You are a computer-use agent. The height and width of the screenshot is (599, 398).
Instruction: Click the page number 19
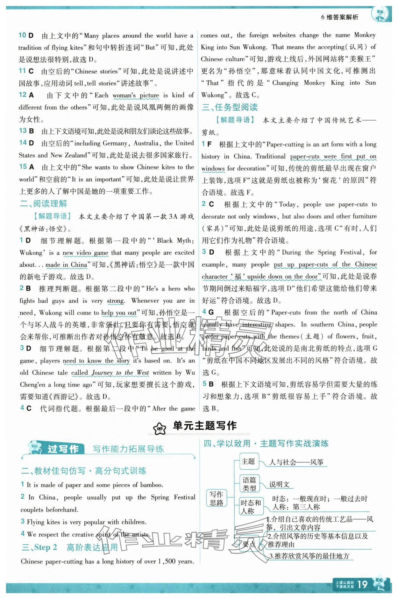pos(363,584)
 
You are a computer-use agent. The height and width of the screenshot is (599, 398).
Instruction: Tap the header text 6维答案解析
pos(339,17)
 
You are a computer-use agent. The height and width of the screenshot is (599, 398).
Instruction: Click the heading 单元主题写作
pos(204,426)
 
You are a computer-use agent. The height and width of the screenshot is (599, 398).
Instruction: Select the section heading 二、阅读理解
pos(43,204)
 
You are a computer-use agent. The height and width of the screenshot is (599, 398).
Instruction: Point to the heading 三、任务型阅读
pos(230,107)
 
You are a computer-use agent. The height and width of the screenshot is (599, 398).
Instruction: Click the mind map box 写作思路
pos(217,498)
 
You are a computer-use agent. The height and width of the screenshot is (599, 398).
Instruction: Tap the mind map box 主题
pos(248,461)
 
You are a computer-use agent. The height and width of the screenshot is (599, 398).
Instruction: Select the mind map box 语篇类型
pos(249,484)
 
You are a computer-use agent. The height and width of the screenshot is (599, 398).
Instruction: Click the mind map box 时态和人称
pos(251,507)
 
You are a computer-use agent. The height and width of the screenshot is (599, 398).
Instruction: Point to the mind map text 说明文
pos(279,484)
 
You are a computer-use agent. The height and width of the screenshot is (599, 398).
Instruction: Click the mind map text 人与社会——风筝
pos(296,462)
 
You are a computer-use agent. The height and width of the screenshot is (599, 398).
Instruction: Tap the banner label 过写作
pos(63,449)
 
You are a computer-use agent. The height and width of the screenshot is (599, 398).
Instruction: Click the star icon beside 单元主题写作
pos(160,428)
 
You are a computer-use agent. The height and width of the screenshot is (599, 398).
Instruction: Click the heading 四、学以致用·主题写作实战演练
pos(266,443)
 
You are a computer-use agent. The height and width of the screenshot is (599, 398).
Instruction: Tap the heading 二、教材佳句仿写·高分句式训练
pos(84,471)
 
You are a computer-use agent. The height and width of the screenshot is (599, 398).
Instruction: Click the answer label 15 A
pos(26,167)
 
